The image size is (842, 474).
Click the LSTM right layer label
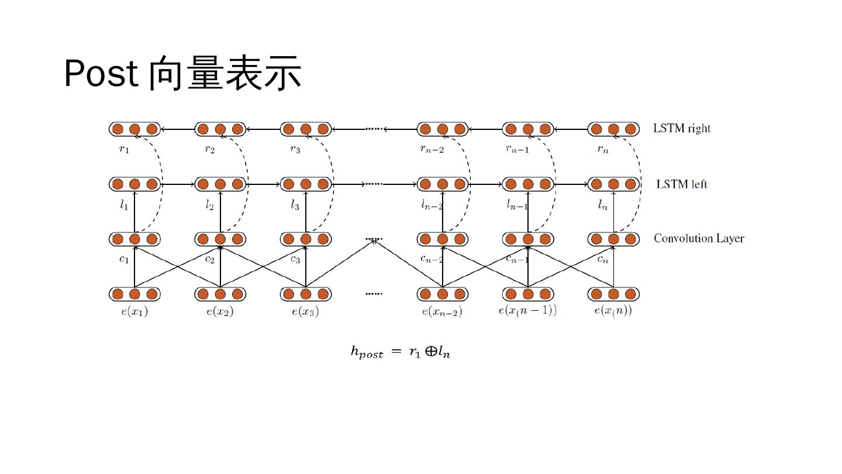coord(681,129)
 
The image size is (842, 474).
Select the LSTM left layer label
coord(681,184)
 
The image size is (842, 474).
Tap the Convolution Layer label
coord(698,239)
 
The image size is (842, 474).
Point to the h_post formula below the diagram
coord(400,352)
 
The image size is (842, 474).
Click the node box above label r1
coord(134,129)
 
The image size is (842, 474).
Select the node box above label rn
coord(613,129)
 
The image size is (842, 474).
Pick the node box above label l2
coord(220,184)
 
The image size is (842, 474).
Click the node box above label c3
coord(305,239)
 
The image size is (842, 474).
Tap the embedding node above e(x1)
coord(134,294)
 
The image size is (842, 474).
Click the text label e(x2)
coord(220,312)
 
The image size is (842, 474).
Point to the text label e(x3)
coord(305,312)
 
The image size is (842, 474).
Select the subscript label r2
coord(209,149)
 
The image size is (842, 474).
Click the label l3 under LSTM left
coord(295,205)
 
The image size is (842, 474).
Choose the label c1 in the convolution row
coord(124,259)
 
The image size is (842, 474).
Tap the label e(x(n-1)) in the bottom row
coord(527,311)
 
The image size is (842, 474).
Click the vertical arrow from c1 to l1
coord(134,212)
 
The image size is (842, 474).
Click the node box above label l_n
coord(613,184)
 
